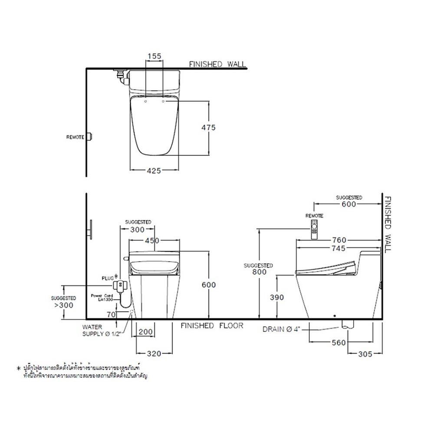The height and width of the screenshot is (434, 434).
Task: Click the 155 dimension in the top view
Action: click(154, 56)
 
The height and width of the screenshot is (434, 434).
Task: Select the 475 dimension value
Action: click(208, 128)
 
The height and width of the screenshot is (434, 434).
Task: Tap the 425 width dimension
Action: click(154, 171)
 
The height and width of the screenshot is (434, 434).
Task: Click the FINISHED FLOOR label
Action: click(212, 325)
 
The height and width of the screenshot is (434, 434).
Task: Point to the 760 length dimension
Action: click(338, 240)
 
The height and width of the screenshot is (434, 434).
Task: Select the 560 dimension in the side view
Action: click(339, 343)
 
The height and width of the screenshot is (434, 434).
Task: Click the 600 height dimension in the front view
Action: click(209, 284)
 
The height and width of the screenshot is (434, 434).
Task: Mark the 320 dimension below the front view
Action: click(155, 354)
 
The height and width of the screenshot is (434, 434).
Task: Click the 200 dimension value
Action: click(146, 332)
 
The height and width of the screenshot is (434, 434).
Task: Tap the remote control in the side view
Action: click(314, 228)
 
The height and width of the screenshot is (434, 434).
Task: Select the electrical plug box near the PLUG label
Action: click(120, 286)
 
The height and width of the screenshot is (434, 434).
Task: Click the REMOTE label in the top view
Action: click(75, 137)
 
